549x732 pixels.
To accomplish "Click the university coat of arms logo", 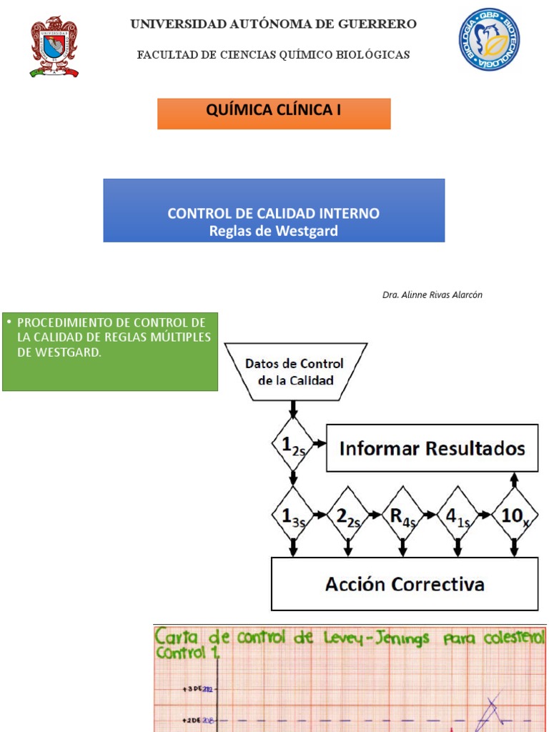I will (54, 46).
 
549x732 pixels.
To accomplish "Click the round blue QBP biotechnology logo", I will (489, 40).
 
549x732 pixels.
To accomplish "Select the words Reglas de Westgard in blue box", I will (274, 231).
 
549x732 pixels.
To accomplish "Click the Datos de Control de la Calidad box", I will (294, 372).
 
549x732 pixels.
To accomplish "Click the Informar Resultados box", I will (432, 448).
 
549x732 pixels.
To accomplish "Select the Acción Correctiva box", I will (405, 584).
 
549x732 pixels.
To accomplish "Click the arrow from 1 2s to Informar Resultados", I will (320, 445).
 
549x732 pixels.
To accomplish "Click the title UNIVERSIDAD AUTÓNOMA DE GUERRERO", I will (273, 24).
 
